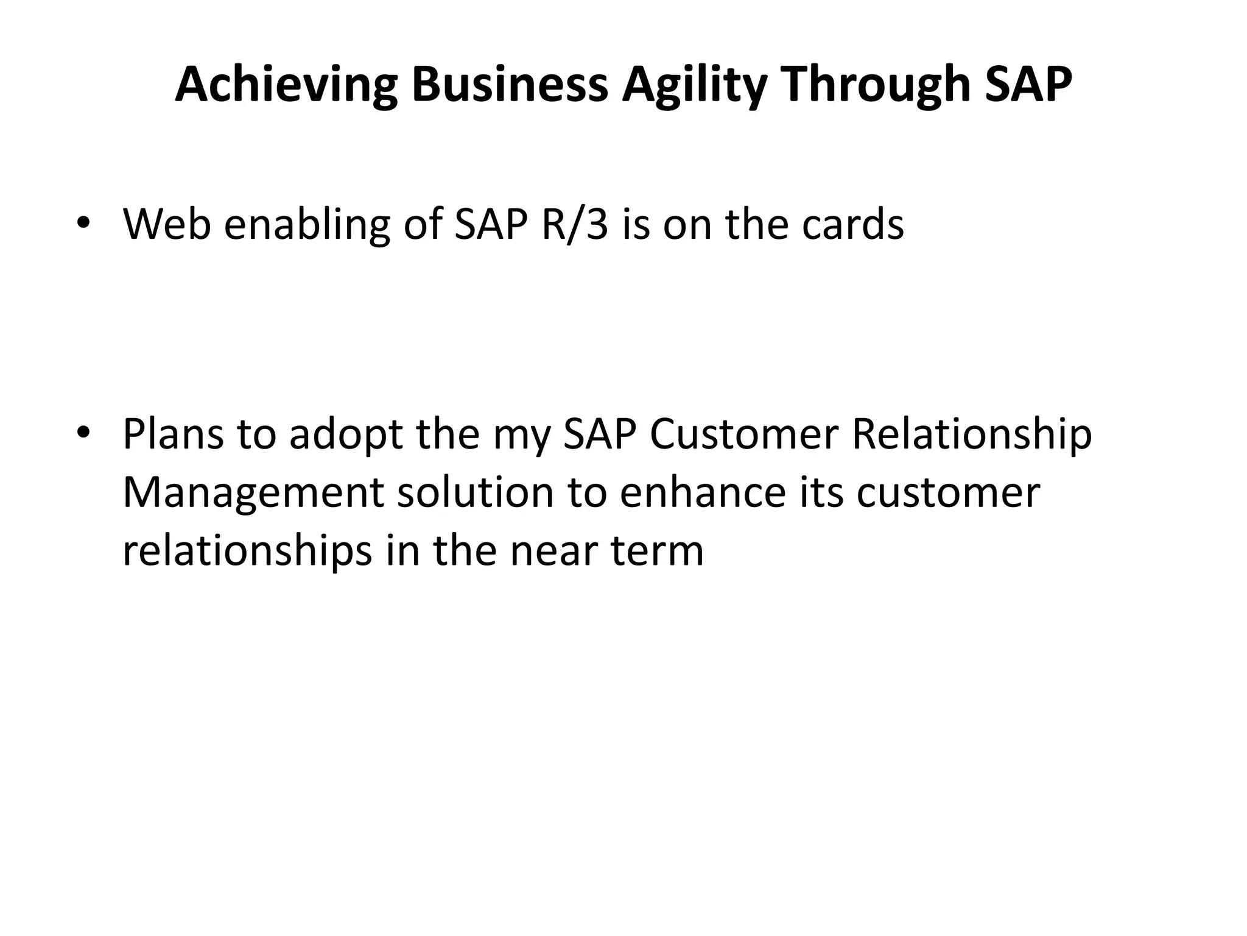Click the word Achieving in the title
tap(286, 85)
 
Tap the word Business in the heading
tap(509, 85)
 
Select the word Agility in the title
tap(694, 85)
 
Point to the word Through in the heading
tap(874, 85)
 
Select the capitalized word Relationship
tap(972, 434)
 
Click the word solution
tap(475, 492)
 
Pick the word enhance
tap(703, 492)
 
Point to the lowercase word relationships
tap(247, 551)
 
